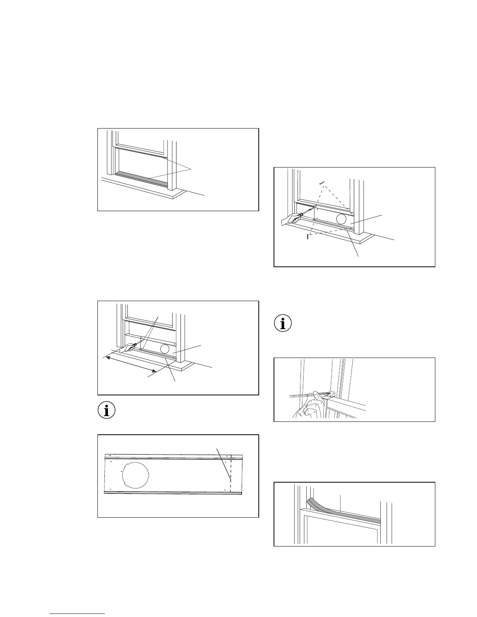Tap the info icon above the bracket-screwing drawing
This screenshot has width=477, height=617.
coord(283,324)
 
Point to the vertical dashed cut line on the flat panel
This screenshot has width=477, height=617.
coord(231,473)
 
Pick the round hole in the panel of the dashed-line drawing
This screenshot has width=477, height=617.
coord(342,219)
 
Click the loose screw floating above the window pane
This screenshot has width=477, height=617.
coord(322,182)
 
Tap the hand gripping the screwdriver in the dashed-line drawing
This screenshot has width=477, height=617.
coord(290,220)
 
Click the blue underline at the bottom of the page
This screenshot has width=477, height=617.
coord(78,614)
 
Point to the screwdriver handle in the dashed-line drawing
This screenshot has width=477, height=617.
coord(300,215)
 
